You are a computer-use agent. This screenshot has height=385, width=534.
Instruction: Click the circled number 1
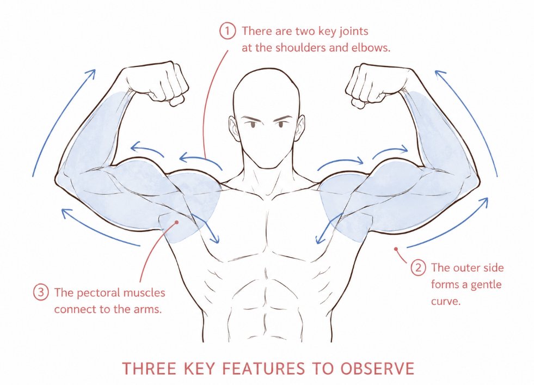(228, 31)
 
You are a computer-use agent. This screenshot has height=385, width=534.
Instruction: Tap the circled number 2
(418, 268)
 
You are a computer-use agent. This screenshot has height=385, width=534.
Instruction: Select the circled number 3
(41, 292)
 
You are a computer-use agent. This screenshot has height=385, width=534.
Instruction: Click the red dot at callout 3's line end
(177, 223)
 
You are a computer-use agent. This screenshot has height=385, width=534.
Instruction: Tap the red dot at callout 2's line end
(396, 249)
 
